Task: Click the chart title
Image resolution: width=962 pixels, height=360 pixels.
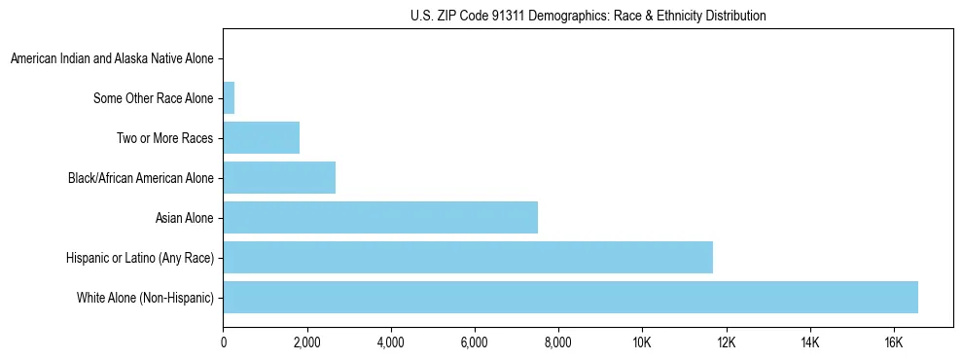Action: click(587, 16)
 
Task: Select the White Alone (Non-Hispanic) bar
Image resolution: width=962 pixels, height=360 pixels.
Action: click(570, 297)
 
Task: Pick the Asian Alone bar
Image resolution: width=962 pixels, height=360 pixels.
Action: click(380, 217)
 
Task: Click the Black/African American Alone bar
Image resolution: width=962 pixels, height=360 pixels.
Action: click(279, 178)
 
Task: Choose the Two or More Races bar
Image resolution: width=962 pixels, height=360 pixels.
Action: click(262, 138)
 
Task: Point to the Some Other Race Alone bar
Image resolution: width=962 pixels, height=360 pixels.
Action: click(230, 98)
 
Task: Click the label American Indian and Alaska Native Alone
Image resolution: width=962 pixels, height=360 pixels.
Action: click(112, 59)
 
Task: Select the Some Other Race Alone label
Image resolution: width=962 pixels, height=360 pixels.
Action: click(154, 98)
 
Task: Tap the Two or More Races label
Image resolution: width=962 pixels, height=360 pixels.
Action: click(165, 138)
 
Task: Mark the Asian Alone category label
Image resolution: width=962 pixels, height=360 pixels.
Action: click(185, 217)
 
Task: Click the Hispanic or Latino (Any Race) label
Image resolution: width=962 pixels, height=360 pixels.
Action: click(140, 257)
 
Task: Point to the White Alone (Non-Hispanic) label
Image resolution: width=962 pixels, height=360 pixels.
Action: click(146, 297)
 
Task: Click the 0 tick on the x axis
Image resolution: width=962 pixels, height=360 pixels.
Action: click(224, 342)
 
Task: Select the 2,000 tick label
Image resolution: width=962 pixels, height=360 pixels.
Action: click(306, 342)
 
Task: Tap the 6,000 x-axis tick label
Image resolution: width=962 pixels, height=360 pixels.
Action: click(474, 342)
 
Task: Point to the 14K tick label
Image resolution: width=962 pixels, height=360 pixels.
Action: click(809, 342)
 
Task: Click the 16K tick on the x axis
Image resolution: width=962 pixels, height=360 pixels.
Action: click(893, 342)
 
